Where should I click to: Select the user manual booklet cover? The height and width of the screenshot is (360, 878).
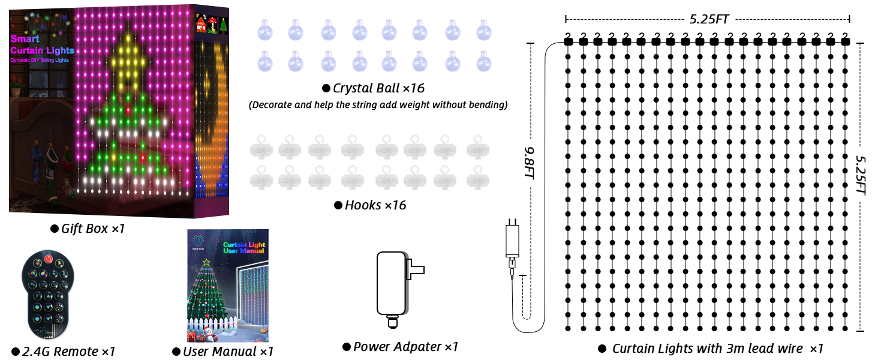click(x=227, y=286)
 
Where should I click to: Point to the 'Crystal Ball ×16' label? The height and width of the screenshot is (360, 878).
click(x=378, y=88)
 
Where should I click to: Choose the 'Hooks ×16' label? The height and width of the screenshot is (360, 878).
click(x=375, y=205)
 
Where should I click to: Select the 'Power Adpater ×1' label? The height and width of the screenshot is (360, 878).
click(x=405, y=347)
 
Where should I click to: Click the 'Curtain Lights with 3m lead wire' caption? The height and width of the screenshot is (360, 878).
click(x=717, y=349)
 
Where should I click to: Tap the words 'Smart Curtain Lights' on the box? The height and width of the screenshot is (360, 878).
click(x=42, y=45)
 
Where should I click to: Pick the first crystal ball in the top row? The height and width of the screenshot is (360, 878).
click(x=264, y=29)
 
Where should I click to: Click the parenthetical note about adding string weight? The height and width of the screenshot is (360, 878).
click(x=378, y=105)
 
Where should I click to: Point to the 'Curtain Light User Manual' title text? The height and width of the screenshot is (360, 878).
click(x=243, y=248)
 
